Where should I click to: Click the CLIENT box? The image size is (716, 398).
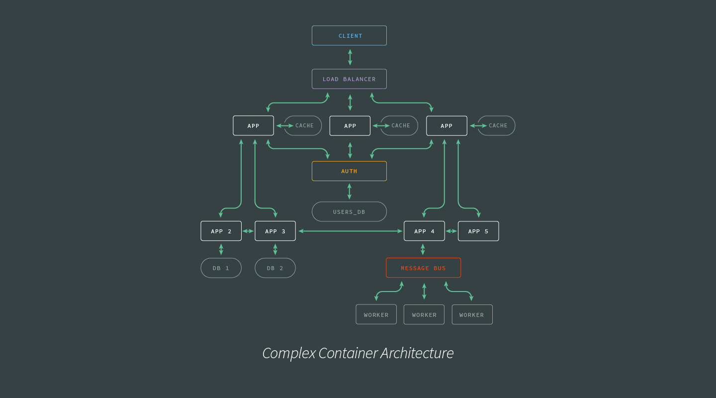[x=349, y=36]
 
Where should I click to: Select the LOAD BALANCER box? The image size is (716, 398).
[x=349, y=79]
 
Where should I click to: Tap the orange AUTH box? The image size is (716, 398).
[x=349, y=171]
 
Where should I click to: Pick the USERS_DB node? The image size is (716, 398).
[x=349, y=212]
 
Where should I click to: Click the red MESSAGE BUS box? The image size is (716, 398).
[x=423, y=268]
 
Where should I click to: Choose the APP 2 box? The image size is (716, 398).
[x=221, y=231]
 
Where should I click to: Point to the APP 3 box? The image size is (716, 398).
[x=275, y=231]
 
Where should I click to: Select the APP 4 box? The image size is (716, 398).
[x=424, y=231]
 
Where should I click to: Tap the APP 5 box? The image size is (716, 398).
[x=478, y=231]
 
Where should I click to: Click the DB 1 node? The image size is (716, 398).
[x=221, y=268]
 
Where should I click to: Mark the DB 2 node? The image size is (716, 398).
[x=275, y=268]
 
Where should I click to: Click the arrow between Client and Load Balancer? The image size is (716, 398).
[x=350, y=57]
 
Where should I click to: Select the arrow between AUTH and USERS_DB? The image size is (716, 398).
[x=349, y=192]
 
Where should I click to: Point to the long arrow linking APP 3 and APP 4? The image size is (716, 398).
[x=350, y=231]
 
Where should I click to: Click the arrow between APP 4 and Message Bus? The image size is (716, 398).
[x=423, y=249]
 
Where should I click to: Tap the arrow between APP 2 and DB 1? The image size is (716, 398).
[x=221, y=249]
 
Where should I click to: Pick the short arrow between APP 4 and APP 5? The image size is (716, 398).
[x=451, y=231]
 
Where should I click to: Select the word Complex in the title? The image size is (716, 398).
[x=288, y=353]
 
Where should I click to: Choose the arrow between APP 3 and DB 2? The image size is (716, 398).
[x=275, y=249]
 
